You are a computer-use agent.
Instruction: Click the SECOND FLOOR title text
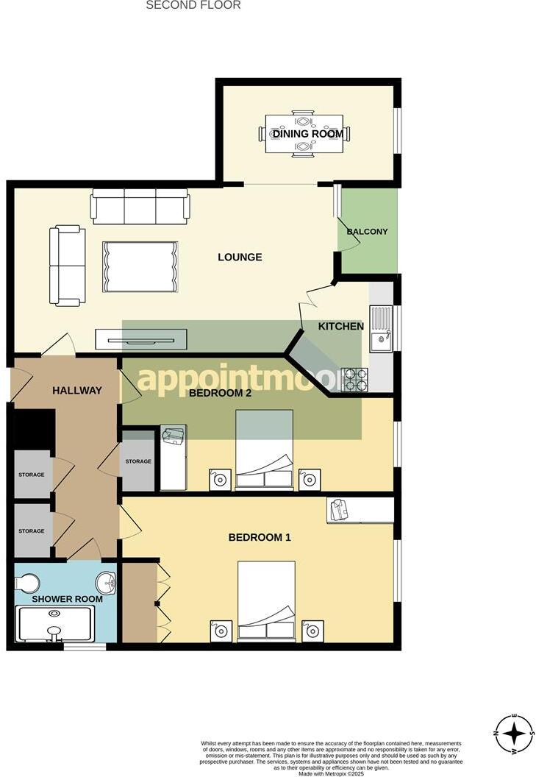(193, 5)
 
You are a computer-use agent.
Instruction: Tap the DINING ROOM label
(307, 134)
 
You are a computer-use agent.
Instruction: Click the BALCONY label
(367, 232)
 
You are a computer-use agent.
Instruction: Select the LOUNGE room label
(240, 257)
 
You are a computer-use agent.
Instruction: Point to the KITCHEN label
(340, 326)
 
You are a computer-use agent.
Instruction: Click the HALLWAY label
(76, 390)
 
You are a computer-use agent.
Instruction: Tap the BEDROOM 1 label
(260, 537)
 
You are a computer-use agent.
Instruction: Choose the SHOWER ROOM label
(67, 599)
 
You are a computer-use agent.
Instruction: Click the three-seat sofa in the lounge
(140, 206)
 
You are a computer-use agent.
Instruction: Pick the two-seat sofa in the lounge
(67, 266)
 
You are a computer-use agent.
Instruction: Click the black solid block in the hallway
(35, 428)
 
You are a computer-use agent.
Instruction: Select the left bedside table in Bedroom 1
(221, 631)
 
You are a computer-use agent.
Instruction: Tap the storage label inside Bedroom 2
(138, 461)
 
